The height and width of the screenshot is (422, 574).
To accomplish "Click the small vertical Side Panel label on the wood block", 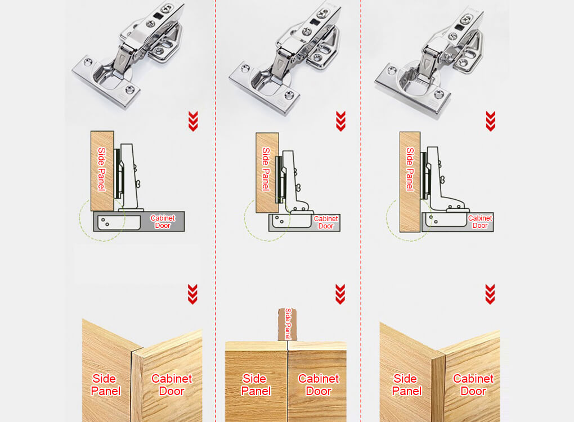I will click(288, 324).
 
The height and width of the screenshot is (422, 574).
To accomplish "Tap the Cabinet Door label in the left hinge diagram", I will click(163, 222).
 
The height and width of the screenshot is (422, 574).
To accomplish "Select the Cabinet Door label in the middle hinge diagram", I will click(326, 222).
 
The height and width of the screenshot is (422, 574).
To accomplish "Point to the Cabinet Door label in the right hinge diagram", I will click(480, 222).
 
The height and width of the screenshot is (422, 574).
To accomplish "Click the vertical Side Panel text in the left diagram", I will click(102, 169).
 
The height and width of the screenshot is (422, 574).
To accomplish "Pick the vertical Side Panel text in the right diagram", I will click(410, 169).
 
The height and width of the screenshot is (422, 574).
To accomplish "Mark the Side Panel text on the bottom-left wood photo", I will click(106, 384).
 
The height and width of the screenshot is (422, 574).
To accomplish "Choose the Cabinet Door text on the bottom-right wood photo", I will click(473, 384).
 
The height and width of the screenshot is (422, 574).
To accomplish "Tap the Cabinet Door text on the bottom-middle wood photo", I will click(319, 384).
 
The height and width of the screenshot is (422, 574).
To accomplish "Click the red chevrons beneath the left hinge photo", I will click(193, 121).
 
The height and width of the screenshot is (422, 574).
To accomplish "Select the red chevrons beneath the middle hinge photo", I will click(340, 121).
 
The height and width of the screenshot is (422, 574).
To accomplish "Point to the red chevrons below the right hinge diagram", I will click(490, 294).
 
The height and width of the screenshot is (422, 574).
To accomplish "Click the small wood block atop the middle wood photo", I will click(288, 325).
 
